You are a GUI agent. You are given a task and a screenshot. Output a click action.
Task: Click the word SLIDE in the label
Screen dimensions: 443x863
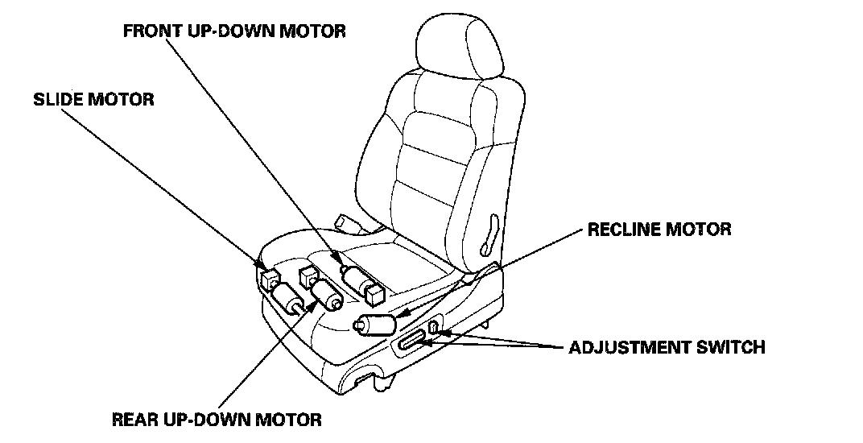(57, 100)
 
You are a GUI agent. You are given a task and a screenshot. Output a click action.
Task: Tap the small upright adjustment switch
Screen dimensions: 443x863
(433, 327)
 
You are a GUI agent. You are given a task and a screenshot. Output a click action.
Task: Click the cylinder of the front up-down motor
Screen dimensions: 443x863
(355, 279)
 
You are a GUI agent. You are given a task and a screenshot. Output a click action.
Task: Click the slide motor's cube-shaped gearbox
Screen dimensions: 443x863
(270, 279)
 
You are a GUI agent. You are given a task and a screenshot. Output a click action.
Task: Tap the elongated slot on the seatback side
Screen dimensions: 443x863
(488, 232)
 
